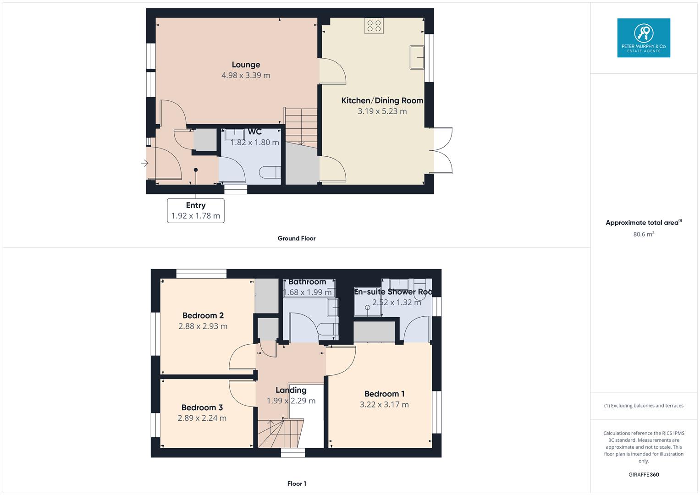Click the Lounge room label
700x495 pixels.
pos(246,65)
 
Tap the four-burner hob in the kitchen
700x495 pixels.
pos(374,26)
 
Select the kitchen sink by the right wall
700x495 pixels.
pos(417,57)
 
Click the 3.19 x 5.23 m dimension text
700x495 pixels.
pos(382,111)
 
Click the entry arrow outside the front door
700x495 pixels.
pos(145,163)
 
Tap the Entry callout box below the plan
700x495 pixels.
pos(196,211)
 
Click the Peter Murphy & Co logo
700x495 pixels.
pos(643,38)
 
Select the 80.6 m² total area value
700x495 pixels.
pos(643,234)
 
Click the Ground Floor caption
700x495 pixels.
pos(297,238)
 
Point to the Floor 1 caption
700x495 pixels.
pos(297,484)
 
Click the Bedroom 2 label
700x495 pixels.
pos(203,315)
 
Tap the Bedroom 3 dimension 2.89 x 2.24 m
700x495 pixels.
pos(202,418)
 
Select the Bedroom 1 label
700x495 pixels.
pos(384,394)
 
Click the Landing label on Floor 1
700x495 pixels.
pos(291,390)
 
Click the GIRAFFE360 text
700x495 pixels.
pos(643,475)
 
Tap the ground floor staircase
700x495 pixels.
pos(301,126)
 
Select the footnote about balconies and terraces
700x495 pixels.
pos(643,406)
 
